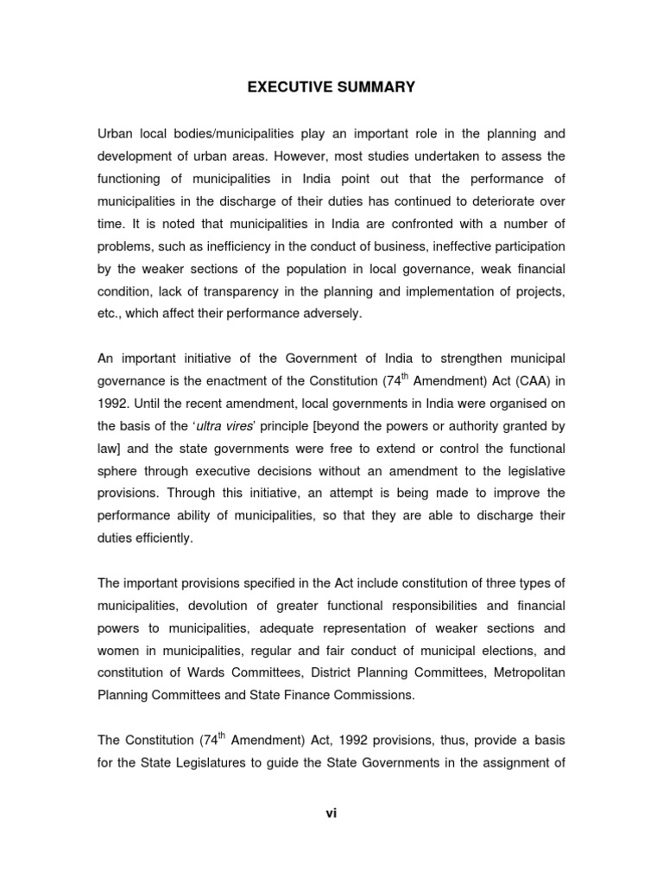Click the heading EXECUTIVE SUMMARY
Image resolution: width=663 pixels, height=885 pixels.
(x=331, y=87)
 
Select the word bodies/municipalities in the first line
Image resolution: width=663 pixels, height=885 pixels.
(x=221, y=134)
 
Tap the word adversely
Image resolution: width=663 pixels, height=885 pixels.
(x=328, y=313)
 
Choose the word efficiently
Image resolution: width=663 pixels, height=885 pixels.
(x=162, y=537)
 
